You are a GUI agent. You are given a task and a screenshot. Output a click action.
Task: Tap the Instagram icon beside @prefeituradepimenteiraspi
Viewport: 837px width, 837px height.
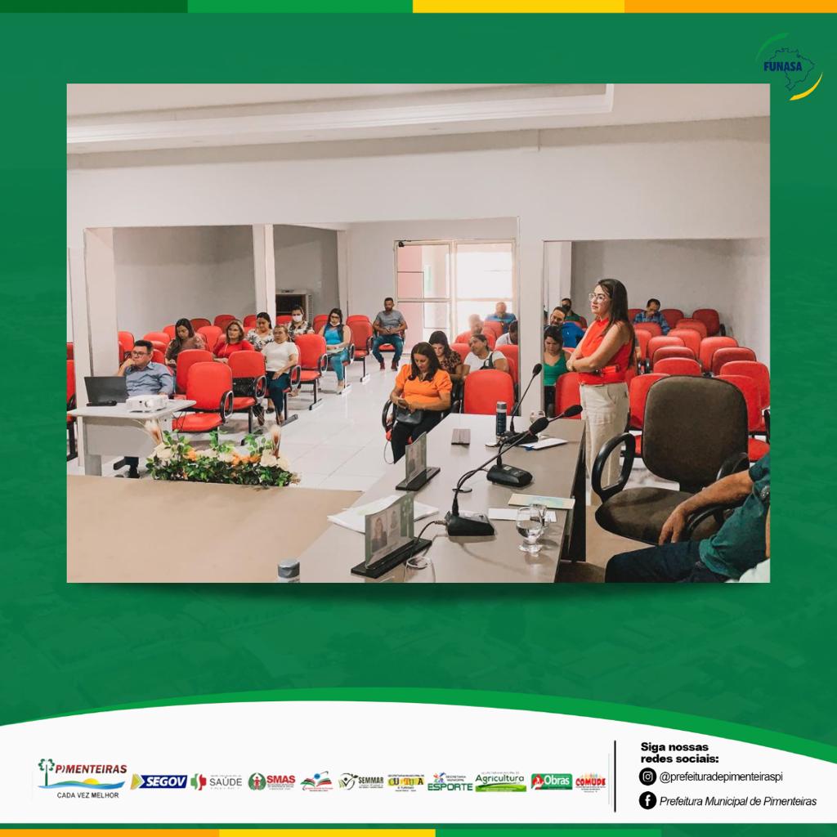tap(647, 777)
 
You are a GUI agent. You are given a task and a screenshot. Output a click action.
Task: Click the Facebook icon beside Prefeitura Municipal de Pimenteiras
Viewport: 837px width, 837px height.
tap(647, 801)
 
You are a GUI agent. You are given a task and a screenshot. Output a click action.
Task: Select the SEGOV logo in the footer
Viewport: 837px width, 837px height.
tap(159, 781)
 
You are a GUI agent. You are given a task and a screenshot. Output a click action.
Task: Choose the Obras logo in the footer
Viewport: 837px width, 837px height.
tap(551, 781)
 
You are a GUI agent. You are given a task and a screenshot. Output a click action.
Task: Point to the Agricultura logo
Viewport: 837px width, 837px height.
tap(500, 781)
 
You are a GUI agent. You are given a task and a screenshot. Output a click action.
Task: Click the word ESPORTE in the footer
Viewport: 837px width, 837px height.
tap(450, 786)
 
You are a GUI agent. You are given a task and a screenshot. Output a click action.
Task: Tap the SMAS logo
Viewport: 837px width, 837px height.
tap(271, 781)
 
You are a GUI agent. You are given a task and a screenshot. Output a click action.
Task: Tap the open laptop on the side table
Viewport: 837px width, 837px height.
tap(105, 391)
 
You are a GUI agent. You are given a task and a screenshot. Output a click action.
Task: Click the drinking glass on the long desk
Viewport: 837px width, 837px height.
tap(530, 527)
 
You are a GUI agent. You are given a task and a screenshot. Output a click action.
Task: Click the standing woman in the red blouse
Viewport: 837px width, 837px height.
tap(605, 368)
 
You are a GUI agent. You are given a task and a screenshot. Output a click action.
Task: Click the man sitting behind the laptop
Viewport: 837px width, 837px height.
tap(144, 372)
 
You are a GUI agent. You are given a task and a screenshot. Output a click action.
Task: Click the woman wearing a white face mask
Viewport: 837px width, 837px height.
tap(298, 322)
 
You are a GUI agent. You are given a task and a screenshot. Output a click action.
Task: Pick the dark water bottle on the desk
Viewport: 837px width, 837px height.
tap(500, 418)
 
